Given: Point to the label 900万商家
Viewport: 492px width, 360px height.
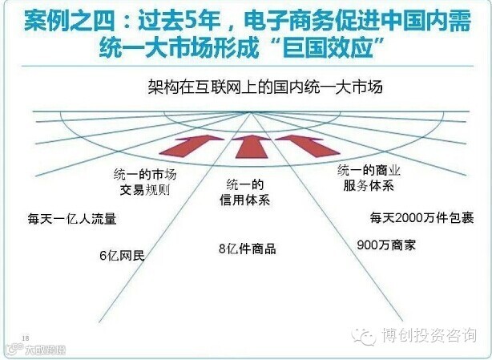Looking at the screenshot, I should click(386, 245).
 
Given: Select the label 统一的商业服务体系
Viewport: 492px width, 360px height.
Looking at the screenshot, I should click(365, 177).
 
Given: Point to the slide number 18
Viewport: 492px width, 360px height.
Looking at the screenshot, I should click(26, 337).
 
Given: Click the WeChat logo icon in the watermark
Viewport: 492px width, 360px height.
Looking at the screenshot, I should click(365, 336).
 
